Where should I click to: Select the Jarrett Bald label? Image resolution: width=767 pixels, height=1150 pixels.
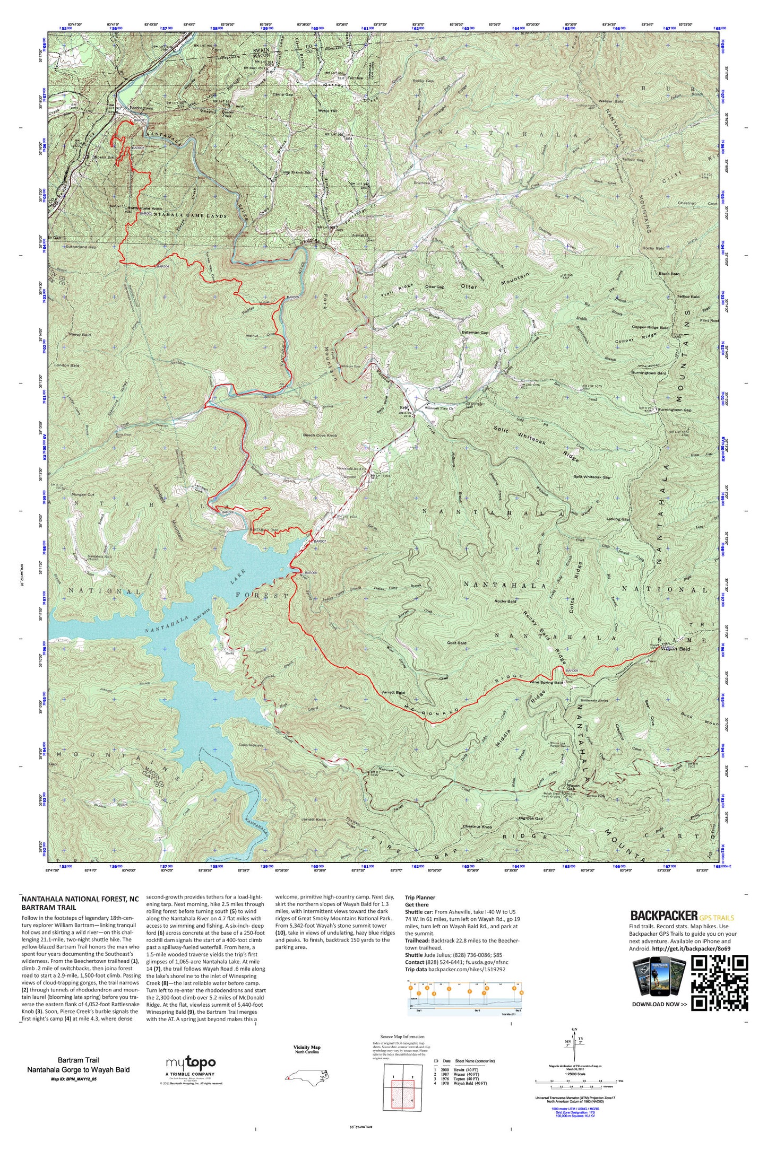(393, 693)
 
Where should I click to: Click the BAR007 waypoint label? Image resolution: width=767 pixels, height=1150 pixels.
(319, 541)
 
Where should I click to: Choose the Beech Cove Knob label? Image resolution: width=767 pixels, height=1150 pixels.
(320, 435)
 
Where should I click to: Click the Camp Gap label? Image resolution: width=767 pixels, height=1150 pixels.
(283, 94)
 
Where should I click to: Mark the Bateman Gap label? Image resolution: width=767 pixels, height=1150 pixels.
(475, 333)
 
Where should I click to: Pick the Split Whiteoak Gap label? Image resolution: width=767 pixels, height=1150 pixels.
(592, 477)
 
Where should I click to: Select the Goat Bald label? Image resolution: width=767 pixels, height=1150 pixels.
(457, 643)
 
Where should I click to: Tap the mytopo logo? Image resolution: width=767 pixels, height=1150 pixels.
(191, 1062)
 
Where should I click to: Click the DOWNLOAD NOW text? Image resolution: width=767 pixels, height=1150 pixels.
(659, 1004)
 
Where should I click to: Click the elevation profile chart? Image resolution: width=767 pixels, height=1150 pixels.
(466, 998)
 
